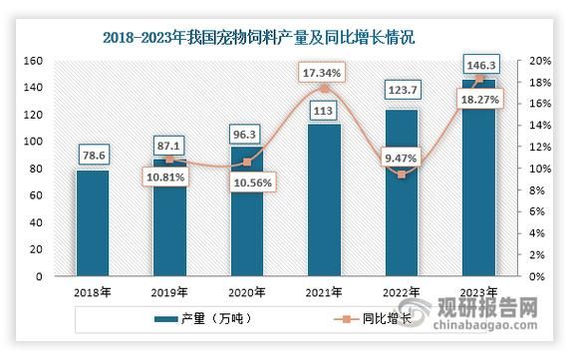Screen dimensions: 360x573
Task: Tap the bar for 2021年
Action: tap(323, 199)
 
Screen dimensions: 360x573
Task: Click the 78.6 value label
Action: tap(94, 155)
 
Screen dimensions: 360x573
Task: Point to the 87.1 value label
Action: tap(170, 145)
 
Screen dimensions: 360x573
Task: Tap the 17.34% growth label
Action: tap(323, 73)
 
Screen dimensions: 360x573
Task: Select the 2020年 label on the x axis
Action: tap(247, 292)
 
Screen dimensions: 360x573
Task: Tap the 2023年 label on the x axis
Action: tap(477, 292)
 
